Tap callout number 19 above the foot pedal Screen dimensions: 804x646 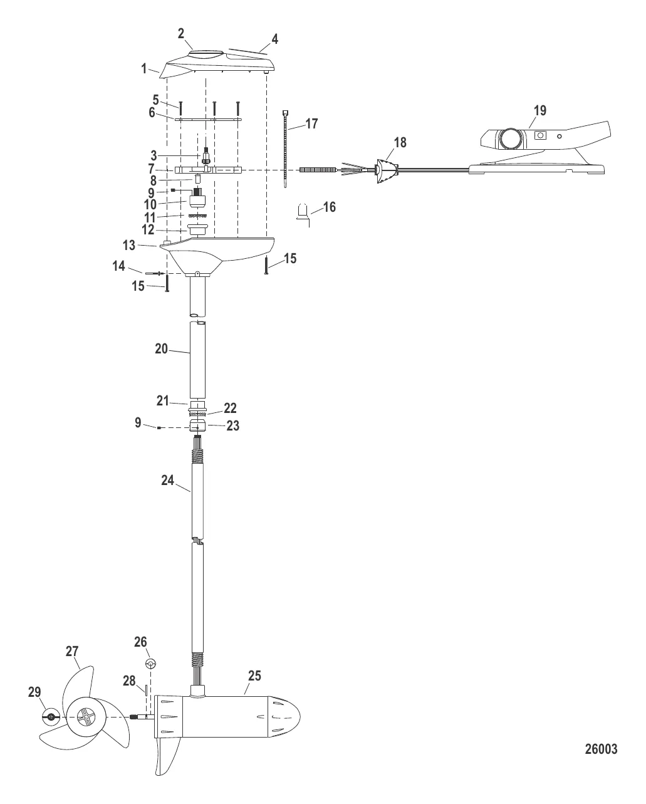[539, 111]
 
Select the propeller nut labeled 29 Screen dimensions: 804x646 [51, 716]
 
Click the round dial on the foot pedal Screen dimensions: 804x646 [510, 138]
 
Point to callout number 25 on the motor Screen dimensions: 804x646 [254, 676]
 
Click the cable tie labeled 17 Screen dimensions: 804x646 [286, 147]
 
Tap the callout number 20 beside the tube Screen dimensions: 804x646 [162, 348]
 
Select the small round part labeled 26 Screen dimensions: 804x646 [150, 664]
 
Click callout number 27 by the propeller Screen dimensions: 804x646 [73, 651]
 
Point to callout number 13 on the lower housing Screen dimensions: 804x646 [128, 246]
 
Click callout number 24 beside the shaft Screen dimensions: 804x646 [167, 480]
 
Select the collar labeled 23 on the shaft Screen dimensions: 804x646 [198, 426]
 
